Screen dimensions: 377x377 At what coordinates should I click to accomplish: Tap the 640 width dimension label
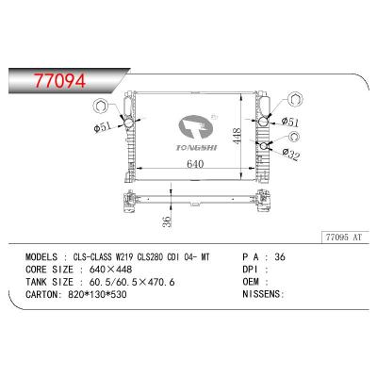(194, 164)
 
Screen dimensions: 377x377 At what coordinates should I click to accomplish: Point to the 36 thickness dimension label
(166, 222)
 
